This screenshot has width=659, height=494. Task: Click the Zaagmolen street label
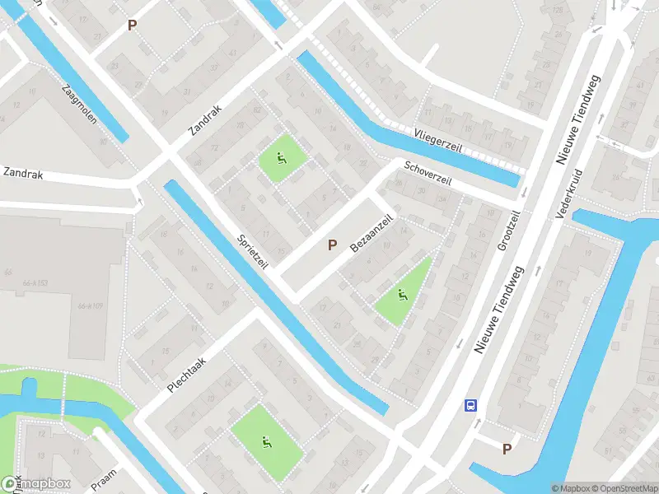click(x=79, y=104)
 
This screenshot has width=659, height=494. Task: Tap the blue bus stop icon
click(x=471, y=405)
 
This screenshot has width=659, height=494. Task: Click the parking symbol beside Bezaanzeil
click(x=333, y=245)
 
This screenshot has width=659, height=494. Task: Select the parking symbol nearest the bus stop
click(x=507, y=449)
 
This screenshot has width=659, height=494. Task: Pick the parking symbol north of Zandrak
click(x=132, y=26)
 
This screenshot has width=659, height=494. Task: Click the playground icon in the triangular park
click(x=402, y=296)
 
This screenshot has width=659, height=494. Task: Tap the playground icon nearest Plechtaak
click(x=265, y=441)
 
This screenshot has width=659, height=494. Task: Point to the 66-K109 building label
click(x=90, y=306)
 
